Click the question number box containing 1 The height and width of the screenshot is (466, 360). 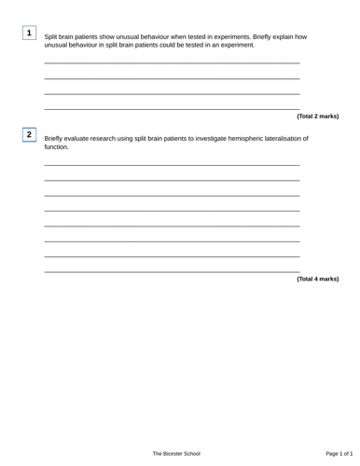(29, 34)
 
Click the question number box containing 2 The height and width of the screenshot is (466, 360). (29, 135)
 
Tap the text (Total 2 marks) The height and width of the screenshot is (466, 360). (317, 116)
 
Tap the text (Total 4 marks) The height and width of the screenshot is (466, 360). (317, 279)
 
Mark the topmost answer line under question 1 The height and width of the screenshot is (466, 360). (173, 63)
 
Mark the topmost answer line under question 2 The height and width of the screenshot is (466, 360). (173, 165)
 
